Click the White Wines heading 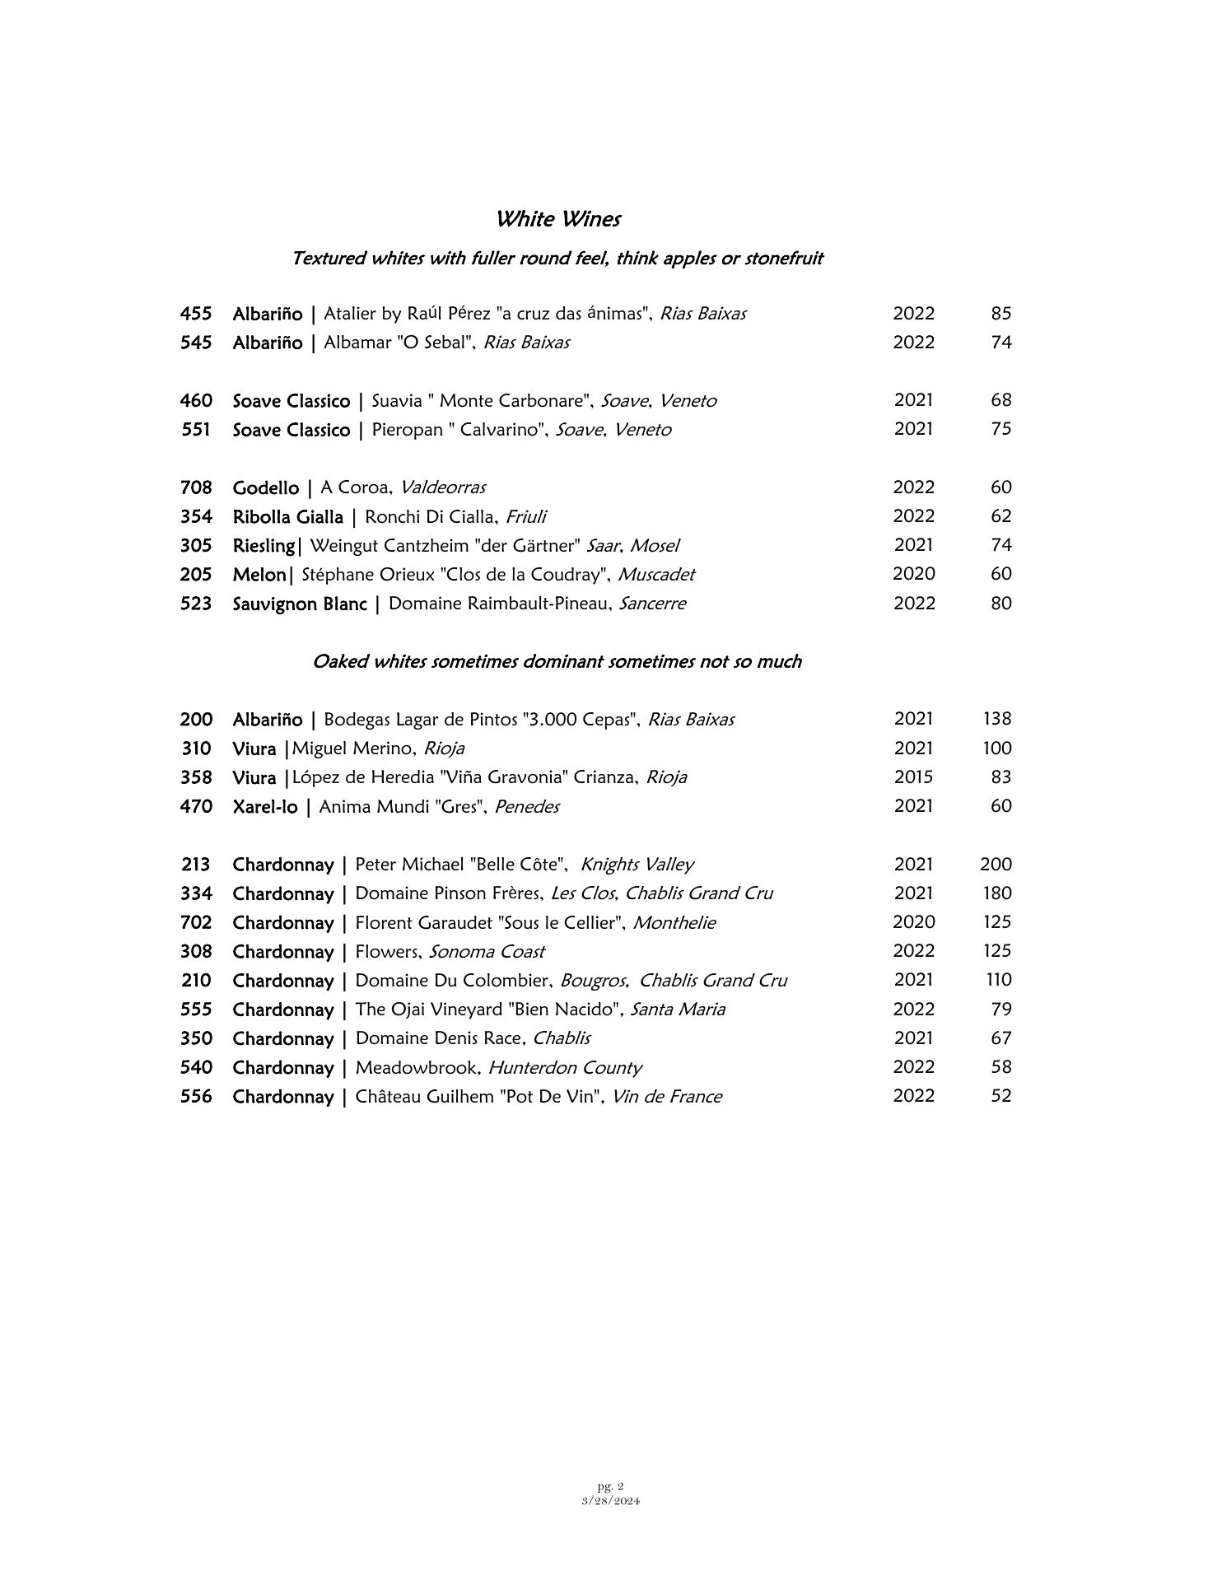(557, 219)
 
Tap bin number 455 (196, 314)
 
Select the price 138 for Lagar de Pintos (996, 719)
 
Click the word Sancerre (652, 604)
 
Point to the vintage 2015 (913, 777)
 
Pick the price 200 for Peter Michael (996, 865)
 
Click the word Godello (265, 488)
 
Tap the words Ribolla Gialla (287, 517)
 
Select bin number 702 (196, 923)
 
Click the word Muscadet (656, 575)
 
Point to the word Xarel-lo (264, 807)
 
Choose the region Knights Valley (637, 865)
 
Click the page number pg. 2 (610, 1486)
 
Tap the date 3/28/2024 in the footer (610, 1500)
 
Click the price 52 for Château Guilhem (1000, 1096)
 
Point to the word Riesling (263, 546)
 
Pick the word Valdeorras (443, 487)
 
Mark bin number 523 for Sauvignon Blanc (196, 604)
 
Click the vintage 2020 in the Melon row (913, 574)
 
